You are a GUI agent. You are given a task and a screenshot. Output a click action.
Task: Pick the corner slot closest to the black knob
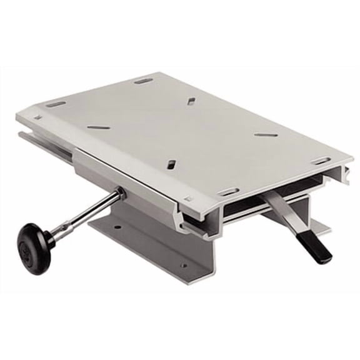[x=56, y=103]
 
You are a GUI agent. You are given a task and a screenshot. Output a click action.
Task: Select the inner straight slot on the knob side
[x=98, y=127]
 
